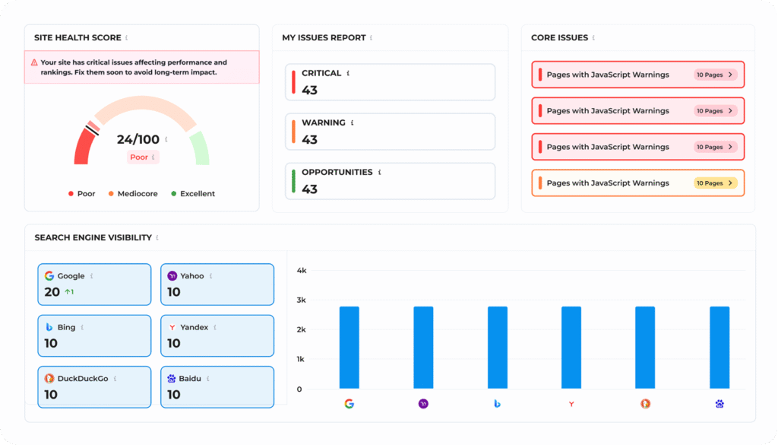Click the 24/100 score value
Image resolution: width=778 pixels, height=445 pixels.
[x=138, y=139]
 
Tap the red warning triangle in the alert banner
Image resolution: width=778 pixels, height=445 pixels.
[x=34, y=63]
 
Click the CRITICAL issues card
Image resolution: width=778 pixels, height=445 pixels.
[x=390, y=82]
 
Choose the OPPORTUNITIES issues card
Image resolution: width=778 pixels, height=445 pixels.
[x=390, y=181]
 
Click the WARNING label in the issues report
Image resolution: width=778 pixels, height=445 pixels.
[x=323, y=122]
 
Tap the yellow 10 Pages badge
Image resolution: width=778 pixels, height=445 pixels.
[x=715, y=183]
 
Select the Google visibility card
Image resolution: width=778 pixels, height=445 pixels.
[x=94, y=284]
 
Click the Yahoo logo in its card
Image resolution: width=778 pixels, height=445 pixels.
[x=172, y=276]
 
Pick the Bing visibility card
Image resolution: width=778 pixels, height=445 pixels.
[x=94, y=335]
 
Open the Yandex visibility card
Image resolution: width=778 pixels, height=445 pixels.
[x=217, y=335]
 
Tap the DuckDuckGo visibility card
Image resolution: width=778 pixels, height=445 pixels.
[x=94, y=386]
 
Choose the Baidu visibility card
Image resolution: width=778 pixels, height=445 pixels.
[x=217, y=386]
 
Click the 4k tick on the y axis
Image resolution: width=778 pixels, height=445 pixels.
[x=301, y=271]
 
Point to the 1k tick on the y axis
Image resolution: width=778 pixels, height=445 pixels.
[x=301, y=359]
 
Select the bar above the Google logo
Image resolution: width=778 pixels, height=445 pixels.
[x=349, y=348]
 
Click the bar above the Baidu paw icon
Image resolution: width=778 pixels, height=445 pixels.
[x=719, y=348]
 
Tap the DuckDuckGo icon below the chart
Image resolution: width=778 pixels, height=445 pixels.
[x=645, y=404]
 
